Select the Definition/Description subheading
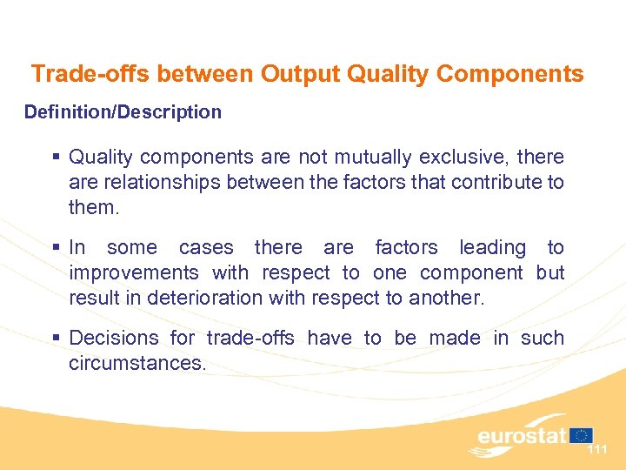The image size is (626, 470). tap(123, 112)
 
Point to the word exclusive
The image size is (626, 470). tap(464, 158)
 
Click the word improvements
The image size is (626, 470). tap(134, 273)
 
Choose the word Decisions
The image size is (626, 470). tap(114, 338)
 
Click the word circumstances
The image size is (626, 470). tap(137, 363)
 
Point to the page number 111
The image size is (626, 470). tap(597, 449)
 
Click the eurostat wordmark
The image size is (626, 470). tap(522, 435)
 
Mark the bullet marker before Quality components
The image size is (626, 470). tap(57, 158)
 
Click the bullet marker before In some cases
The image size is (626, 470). tap(57, 248)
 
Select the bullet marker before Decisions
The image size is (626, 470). tap(57, 338)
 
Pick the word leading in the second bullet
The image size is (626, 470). tap(492, 248)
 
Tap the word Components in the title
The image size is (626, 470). tap(510, 74)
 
